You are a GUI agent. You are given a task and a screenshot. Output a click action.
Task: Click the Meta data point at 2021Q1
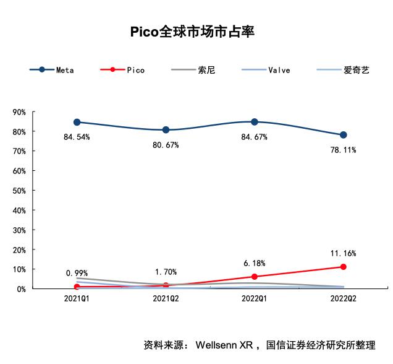(77, 122)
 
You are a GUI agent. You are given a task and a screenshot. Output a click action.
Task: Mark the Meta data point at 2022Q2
(343, 135)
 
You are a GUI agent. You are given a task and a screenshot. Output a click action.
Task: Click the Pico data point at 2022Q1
(255, 277)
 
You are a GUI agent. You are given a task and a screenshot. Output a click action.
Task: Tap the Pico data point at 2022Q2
(343, 267)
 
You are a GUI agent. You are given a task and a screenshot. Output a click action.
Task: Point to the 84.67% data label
(254, 137)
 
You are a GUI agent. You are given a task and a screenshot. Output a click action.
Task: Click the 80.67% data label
(166, 145)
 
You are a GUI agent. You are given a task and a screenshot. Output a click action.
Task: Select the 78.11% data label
(343, 150)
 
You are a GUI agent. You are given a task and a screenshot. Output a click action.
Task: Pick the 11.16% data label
(343, 253)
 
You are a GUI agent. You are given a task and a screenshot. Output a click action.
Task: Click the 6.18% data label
(254, 263)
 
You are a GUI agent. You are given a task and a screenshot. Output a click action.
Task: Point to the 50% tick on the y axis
(19, 191)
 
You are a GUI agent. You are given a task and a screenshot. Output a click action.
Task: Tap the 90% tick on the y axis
(19, 112)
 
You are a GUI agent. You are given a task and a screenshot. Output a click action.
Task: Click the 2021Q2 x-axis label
(166, 298)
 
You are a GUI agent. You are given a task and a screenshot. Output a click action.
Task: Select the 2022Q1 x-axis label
(254, 298)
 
